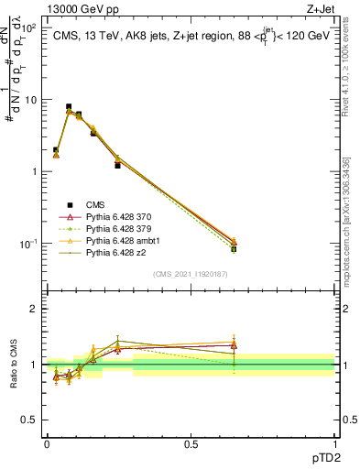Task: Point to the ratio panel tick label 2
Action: tap(34, 309)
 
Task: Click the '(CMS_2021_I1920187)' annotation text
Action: tap(191, 274)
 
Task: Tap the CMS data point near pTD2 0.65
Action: tap(234, 249)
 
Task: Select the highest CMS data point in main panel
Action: tap(69, 107)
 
